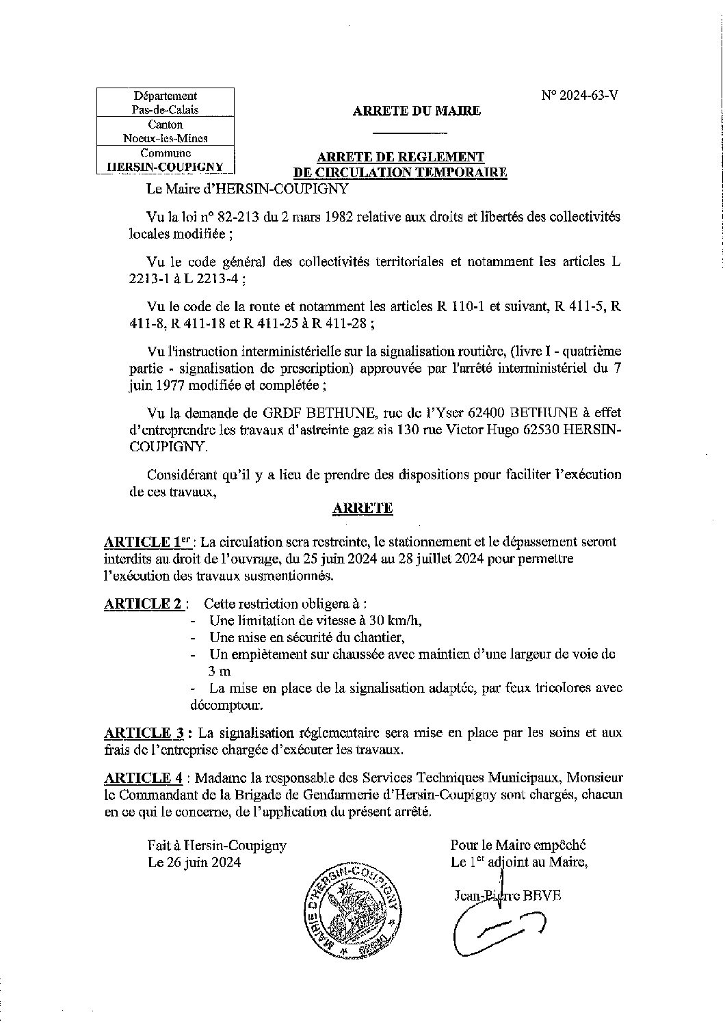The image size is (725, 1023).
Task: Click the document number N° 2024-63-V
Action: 580,96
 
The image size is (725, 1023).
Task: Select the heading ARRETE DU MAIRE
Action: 417,111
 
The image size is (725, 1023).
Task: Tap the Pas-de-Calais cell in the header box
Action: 166,109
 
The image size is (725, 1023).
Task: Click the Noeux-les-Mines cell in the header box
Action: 166,138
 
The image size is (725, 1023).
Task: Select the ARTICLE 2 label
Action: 142,604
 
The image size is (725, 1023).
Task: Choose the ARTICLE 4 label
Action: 143,778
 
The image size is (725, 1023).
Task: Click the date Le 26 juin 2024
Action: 195,863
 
